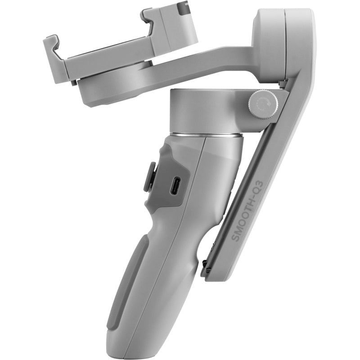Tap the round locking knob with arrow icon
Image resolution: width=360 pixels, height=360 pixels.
pyautogui.click(x=261, y=105)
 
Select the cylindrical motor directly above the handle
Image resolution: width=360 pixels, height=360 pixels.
pyautogui.click(x=205, y=110)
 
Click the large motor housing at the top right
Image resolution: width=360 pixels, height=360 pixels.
pyautogui.click(x=281, y=43)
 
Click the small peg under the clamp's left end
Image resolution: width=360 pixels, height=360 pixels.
pyautogui.click(x=73, y=82)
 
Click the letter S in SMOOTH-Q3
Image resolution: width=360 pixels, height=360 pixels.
pyautogui.click(x=235, y=238)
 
